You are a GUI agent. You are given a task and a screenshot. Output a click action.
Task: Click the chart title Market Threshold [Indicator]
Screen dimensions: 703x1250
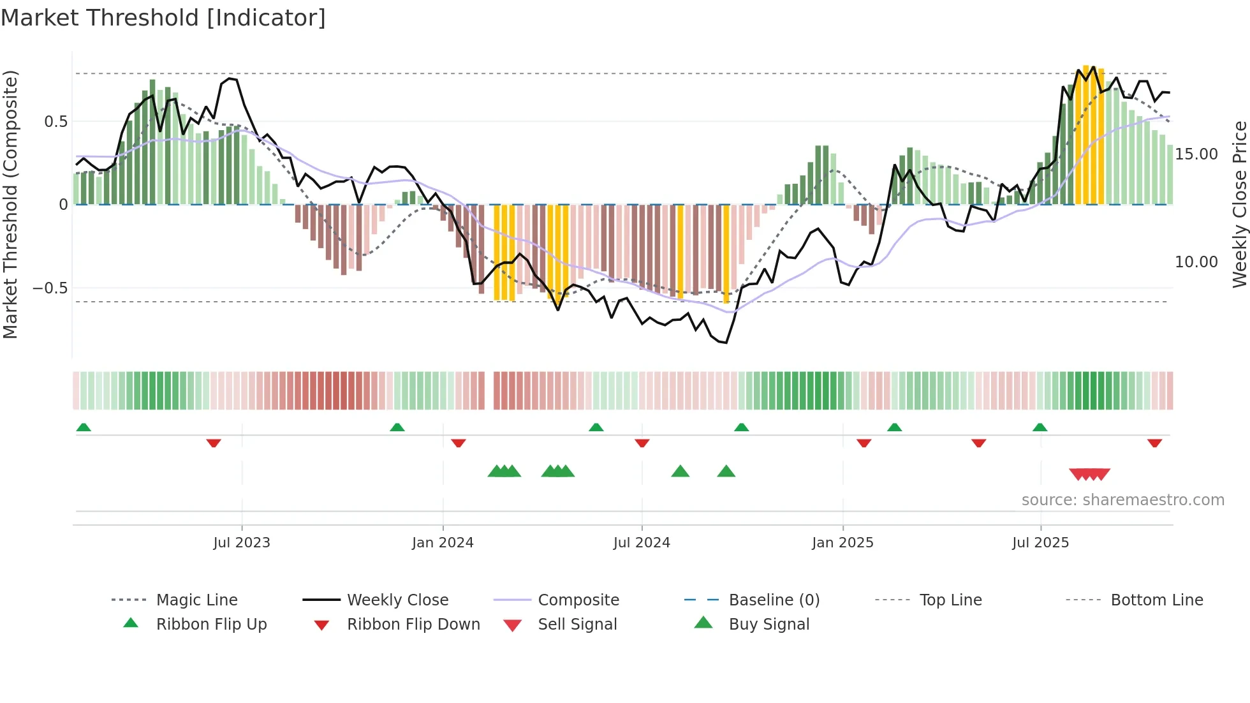(x=163, y=18)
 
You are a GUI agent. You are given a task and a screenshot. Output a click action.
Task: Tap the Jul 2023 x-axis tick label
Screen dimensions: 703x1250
(x=242, y=543)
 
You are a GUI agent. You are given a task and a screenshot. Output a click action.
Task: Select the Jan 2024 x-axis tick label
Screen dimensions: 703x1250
(x=443, y=543)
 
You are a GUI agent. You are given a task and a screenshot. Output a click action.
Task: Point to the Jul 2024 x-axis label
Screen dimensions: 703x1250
(x=642, y=543)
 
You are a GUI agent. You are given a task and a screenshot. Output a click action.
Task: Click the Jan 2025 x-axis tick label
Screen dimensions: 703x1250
(x=842, y=543)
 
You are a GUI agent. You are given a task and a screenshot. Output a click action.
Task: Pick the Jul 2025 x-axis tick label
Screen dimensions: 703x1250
(x=1040, y=543)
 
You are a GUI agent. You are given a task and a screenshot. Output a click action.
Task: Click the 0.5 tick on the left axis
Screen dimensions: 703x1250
(x=56, y=122)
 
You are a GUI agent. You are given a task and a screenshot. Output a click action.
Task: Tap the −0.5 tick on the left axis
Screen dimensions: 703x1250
(x=50, y=288)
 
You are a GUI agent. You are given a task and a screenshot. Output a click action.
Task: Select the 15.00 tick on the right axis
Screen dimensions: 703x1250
(x=1196, y=154)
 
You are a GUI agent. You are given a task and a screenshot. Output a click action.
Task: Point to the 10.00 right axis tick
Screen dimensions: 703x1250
(x=1196, y=262)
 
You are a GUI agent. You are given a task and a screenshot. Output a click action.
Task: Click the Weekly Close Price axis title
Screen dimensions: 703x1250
(x=1239, y=204)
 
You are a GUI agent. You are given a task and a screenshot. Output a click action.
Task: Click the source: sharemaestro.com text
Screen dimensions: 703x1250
(x=1122, y=500)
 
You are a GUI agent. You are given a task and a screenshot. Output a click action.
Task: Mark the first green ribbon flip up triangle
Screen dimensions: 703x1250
(x=84, y=427)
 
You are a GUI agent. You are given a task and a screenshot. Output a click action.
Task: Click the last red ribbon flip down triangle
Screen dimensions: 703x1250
(x=1154, y=443)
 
